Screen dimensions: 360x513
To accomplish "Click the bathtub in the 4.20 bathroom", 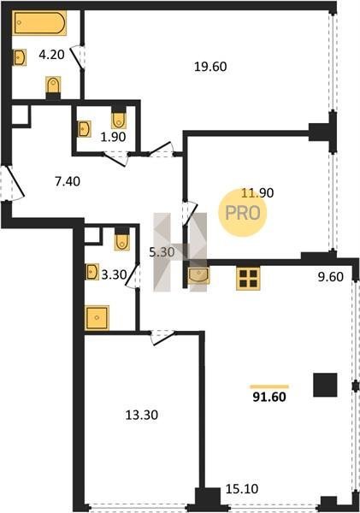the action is [x=39, y=22].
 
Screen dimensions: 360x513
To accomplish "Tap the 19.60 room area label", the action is [x=210, y=67].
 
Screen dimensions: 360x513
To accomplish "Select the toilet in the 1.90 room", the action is [x=119, y=120].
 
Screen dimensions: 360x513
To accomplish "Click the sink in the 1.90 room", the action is [x=85, y=128].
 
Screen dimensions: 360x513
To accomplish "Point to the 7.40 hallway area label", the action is [x=68, y=180].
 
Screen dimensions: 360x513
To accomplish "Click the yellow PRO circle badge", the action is [x=243, y=213].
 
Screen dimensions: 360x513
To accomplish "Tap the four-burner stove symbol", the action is [x=248, y=279].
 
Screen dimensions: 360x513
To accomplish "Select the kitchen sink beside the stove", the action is [x=198, y=275].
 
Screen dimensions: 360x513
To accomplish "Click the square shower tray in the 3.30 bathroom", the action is [x=97, y=317].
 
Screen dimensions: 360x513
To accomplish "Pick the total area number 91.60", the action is [x=269, y=397].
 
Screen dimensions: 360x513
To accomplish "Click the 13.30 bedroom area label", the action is [x=142, y=415].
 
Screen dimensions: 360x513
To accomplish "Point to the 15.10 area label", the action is [x=242, y=489].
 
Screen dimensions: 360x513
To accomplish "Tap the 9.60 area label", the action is [x=331, y=277].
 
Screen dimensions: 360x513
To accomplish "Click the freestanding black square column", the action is [x=325, y=385].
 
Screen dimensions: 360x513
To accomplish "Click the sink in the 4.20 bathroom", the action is [x=20, y=57].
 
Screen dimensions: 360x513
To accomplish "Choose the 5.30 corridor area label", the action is [x=162, y=252].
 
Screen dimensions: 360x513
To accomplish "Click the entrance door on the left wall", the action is [x=13, y=183].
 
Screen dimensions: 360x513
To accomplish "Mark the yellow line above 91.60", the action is [x=269, y=386].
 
